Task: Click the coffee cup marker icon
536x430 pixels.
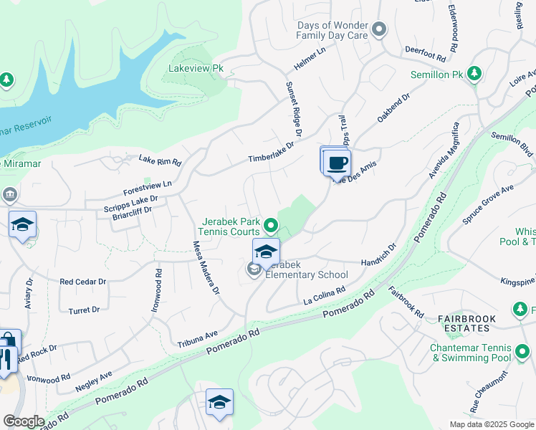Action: (336, 163)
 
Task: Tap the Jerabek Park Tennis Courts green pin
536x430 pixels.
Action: (270, 226)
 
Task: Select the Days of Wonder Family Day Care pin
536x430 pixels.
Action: (379, 30)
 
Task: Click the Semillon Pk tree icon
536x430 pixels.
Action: (474, 73)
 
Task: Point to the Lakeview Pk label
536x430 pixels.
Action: (196, 70)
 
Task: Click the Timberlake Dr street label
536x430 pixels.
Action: (272, 153)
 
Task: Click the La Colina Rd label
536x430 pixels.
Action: (324, 295)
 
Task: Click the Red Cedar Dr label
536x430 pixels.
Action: (82, 282)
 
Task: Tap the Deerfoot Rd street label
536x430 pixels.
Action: (425, 52)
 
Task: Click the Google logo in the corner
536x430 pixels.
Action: (24, 421)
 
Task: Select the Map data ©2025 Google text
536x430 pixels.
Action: (491, 424)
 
